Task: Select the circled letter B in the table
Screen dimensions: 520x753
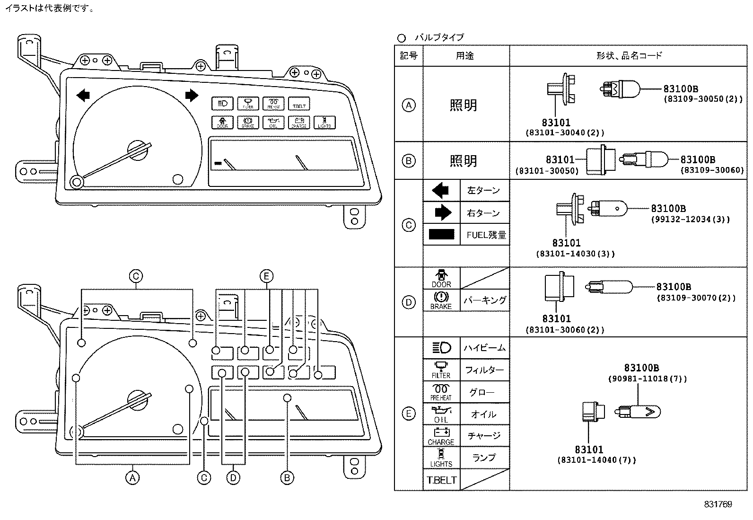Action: pos(409,161)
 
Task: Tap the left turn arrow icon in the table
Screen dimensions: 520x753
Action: pos(440,191)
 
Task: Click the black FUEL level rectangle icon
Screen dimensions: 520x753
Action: pos(441,234)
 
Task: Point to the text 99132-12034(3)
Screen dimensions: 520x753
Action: pos(690,220)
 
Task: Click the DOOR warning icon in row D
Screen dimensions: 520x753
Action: pos(441,278)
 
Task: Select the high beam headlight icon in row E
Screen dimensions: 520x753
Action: pos(441,348)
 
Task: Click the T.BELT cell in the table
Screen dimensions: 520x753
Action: pos(441,480)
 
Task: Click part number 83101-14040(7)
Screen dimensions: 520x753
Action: pos(596,460)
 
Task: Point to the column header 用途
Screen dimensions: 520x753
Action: pos(464,56)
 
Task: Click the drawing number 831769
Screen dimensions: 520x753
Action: pos(718,504)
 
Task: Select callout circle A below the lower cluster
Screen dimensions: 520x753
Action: pos(132,478)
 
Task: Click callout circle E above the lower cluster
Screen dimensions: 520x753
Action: pos(266,276)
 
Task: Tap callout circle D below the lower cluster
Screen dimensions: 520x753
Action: pos(233,478)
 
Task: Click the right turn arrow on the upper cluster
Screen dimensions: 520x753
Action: pos(192,95)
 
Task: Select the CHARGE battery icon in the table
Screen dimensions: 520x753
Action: pos(441,436)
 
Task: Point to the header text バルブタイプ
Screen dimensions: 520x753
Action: pos(439,37)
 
